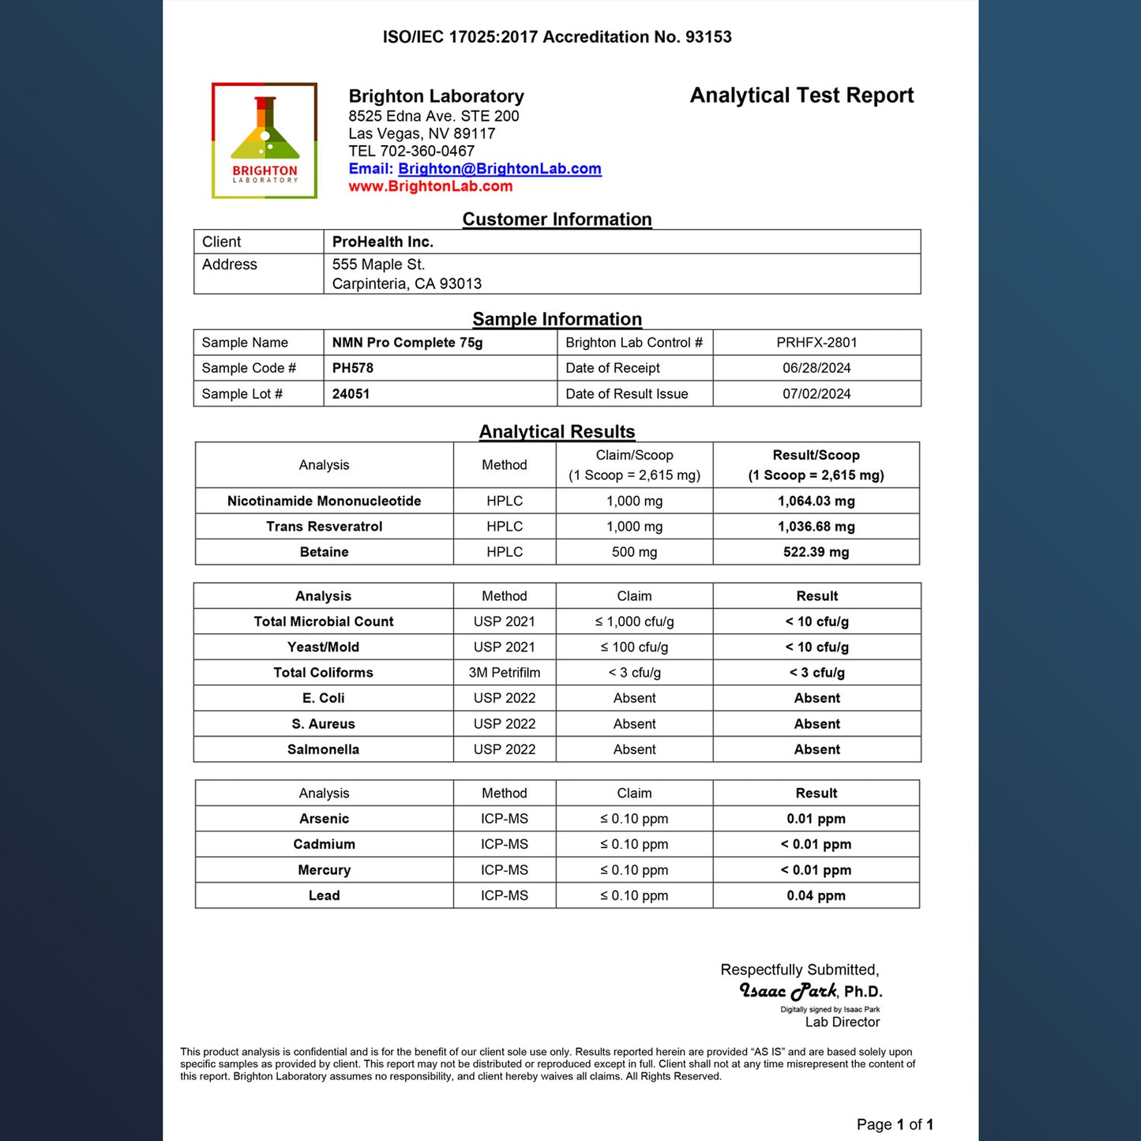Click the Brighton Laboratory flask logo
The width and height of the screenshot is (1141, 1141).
coord(265,141)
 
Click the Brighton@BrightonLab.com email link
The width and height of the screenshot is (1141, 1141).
coord(499,169)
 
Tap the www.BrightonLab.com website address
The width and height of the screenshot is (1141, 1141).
coord(430,186)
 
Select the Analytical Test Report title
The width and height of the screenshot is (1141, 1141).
coord(801,96)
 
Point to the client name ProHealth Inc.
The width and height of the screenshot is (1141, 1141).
coord(382,242)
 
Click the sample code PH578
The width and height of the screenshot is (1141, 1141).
coord(352,368)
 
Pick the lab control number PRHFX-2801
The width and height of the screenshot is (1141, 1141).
coord(816,343)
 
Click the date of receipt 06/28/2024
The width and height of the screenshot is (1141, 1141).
coord(816,368)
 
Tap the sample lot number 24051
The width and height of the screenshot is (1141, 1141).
coord(351,394)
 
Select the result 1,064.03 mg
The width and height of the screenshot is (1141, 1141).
coord(816,501)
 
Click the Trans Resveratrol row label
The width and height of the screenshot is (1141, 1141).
coord(324,527)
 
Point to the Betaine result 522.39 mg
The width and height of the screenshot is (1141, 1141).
coord(816,552)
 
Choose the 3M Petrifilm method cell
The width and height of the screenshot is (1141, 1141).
coord(505,673)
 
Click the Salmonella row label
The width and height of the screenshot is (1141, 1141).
coord(323,749)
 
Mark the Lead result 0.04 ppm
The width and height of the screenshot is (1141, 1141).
coord(816,895)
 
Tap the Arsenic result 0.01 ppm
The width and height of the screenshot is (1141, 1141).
coord(816,819)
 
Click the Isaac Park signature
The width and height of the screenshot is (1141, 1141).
coord(788,991)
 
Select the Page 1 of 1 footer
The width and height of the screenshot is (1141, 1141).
coord(895,1124)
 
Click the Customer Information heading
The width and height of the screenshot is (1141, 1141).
coord(557,220)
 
